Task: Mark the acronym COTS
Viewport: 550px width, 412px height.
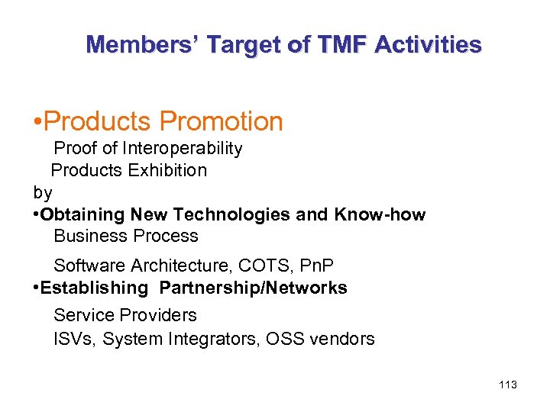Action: pyautogui.click(x=263, y=266)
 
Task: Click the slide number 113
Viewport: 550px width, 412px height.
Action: pyautogui.click(x=507, y=385)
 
